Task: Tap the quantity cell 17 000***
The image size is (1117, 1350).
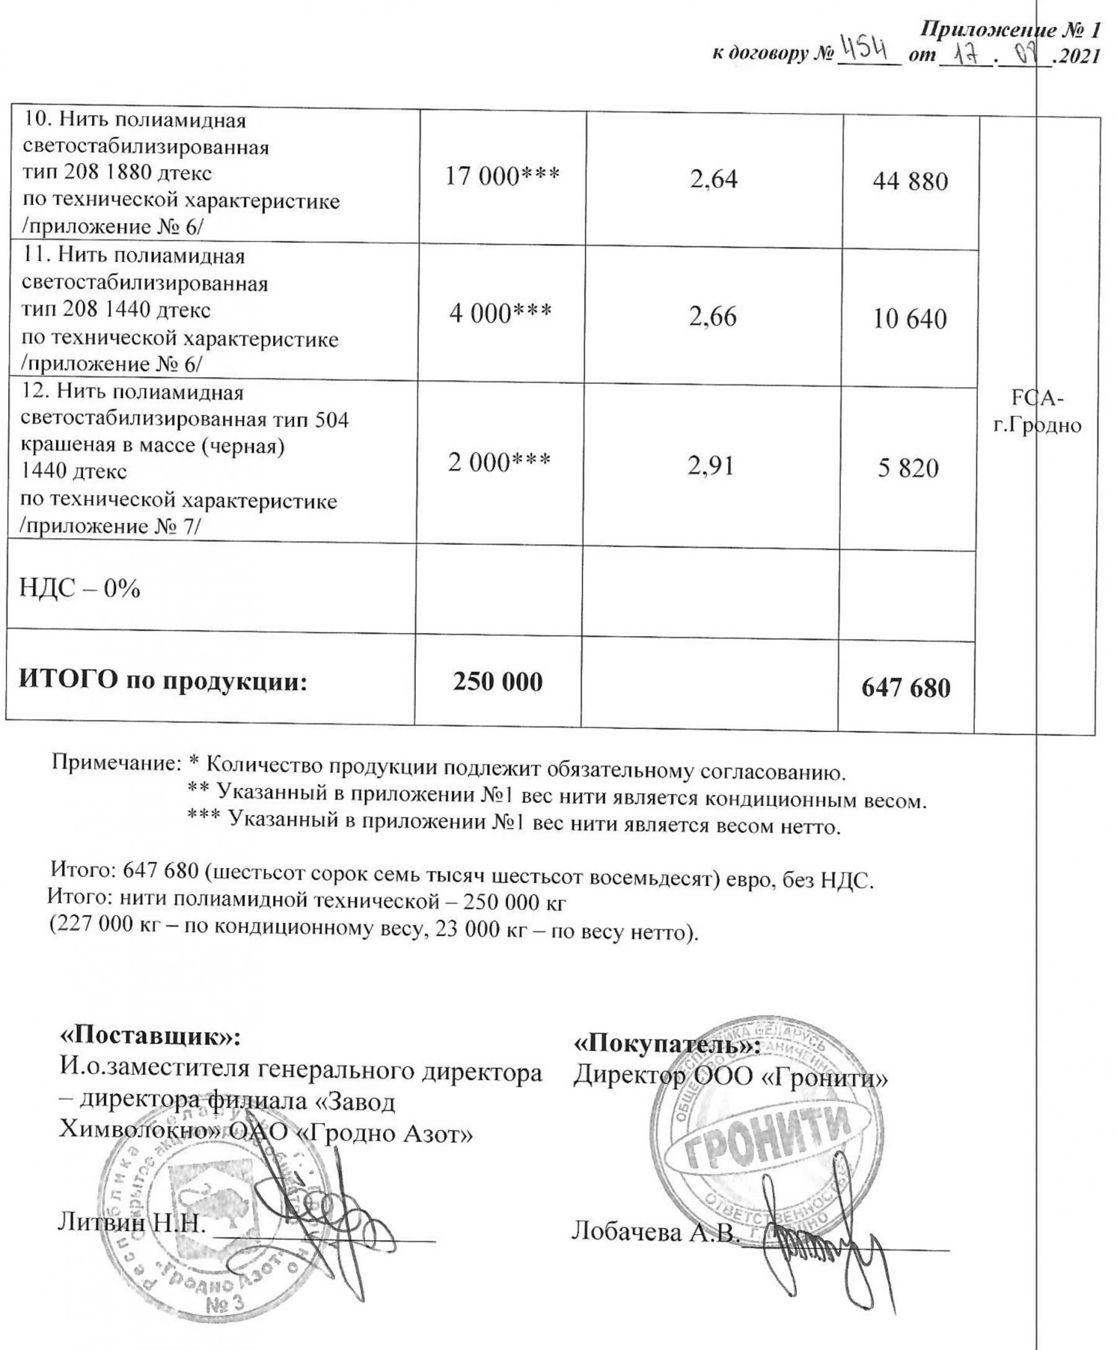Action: [x=502, y=176]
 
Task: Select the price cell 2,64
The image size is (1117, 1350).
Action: [x=714, y=179]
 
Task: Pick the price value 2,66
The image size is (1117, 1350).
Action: [x=713, y=317]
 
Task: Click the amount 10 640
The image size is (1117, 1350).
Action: [x=909, y=320]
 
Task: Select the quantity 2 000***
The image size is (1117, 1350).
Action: [x=499, y=462]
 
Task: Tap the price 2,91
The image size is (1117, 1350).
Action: [x=711, y=466]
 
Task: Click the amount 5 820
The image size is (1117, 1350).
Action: [x=908, y=469]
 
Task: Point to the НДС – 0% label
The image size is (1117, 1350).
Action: [x=79, y=588]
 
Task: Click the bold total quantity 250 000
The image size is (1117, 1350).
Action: [x=498, y=682]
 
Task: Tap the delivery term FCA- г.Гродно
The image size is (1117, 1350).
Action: [x=1038, y=412]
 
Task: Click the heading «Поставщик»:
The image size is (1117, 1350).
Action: [x=150, y=1036]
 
